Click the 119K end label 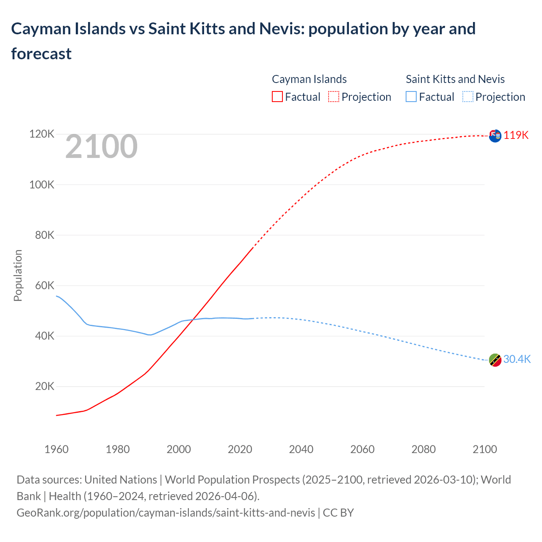(516, 135)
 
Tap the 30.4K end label (517, 359)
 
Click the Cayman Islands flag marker (495, 136)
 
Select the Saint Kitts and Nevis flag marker (495, 360)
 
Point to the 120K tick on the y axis (41, 134)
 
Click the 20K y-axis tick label (44, 386)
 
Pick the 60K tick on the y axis (44, 285)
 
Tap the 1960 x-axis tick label (56, 449)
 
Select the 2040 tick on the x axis (301, 449)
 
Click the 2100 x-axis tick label (484, 449)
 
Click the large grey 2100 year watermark (101, 147)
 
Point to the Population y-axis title (18, 275)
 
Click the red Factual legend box (277, 97)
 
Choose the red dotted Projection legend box (334, 97)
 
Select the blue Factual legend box (411, 97)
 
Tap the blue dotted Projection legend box (467, 97)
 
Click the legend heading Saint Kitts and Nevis (455, 79)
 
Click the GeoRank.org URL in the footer (166, 513)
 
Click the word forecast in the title (41, 54)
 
